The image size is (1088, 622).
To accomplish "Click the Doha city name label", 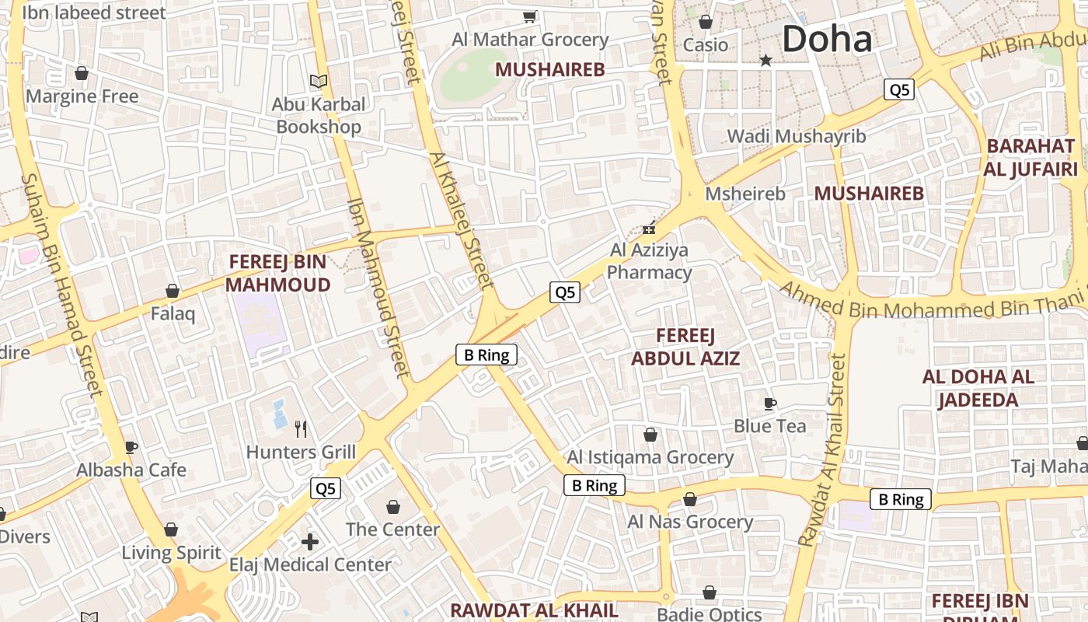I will (x=827, y=38).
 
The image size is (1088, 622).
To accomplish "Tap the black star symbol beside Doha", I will (x=765, y=60).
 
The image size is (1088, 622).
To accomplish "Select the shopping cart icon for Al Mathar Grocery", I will (x=529, y=16).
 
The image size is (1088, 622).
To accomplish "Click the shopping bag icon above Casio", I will (x=705, y=22).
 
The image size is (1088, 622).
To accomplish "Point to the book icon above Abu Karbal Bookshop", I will (x=318, y=80).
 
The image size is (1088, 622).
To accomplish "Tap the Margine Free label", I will (x=82, y=96).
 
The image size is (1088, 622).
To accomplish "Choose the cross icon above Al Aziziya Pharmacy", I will (x=648, y=229).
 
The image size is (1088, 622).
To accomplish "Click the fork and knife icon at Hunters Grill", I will (x=301, y=428).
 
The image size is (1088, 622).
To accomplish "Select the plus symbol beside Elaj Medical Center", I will (x=310, y=541).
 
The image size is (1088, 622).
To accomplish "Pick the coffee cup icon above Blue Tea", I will (x=769, y=403).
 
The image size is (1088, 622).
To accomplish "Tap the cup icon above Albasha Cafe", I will (x=131, y=447).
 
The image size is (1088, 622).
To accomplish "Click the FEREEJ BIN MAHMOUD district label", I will (x=277, y=274).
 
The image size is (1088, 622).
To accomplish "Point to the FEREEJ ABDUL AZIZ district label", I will (x=685, y=347).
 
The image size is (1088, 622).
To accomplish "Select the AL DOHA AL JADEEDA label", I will (x=978, y=389).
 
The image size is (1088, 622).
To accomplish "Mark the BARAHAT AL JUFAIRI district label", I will (x=1030, y=158).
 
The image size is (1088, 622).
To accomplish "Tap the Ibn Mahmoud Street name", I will (x=378, y=288).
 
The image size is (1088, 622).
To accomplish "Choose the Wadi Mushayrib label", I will (x=796, y=136).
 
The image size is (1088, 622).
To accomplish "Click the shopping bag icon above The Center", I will (x=393, y=507).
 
